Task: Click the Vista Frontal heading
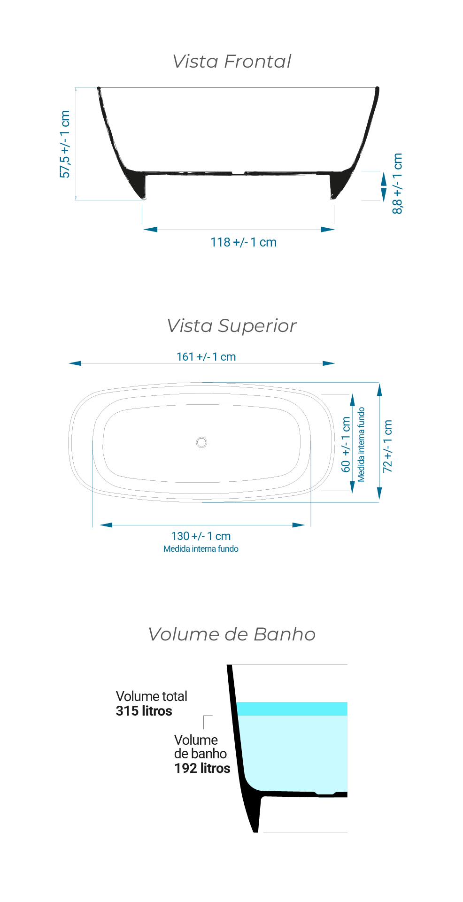coord(232,62)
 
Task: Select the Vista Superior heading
coord(232,326)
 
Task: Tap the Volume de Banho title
coord(232,634)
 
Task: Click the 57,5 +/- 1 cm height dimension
coord(65,144)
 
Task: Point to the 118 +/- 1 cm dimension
coord(243,242)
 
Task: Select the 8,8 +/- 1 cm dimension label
coord(397,184)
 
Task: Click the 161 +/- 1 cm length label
coord(206,357)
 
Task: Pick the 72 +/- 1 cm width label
coord(387,446)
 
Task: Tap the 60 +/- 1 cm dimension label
coord(346,444)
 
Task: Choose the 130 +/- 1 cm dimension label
coord(201,536)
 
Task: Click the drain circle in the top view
coord(201,442)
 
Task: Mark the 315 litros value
coord(144,711)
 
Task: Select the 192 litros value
coord(202,768)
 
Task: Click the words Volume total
coord(152,696)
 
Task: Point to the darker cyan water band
coord(292,709)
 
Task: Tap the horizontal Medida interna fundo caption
coord(201,549)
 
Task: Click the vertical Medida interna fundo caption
coord(361,444)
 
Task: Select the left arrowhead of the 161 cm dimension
coord(75,363)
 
